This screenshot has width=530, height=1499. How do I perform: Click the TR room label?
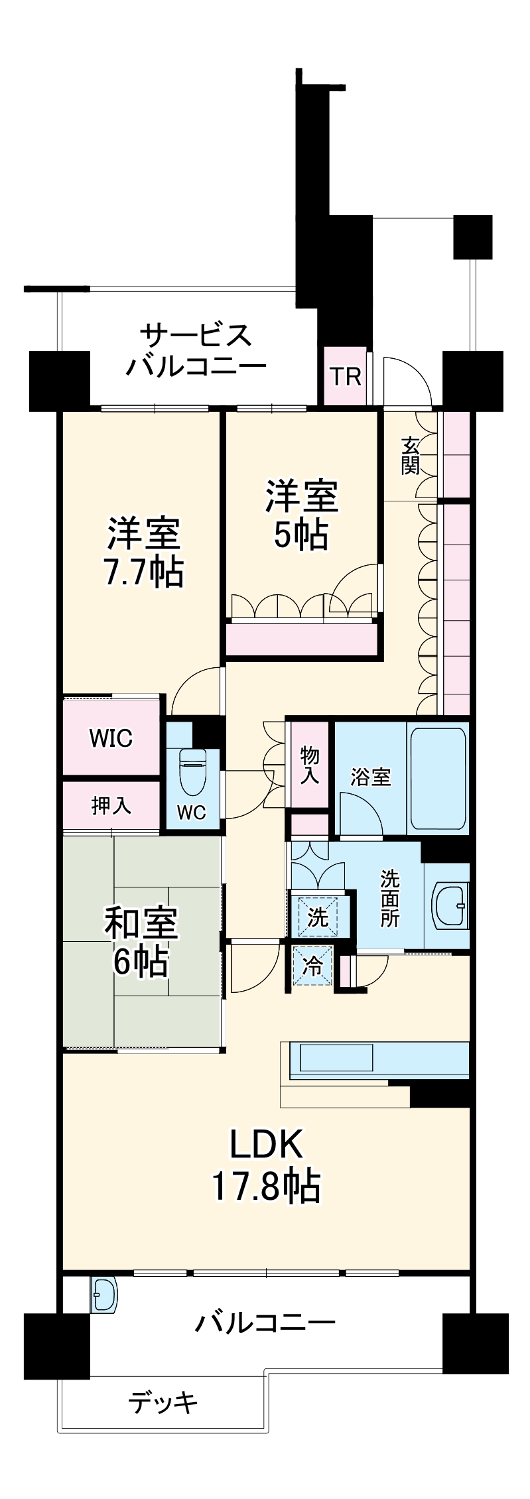coord(346,377)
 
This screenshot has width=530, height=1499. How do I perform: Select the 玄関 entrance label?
coord(410,456)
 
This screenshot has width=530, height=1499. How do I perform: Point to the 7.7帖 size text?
coord(143,572)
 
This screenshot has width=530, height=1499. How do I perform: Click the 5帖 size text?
coord(301,535)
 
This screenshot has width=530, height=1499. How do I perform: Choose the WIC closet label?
coord(111,738)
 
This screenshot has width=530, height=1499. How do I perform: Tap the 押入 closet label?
coord(111,806)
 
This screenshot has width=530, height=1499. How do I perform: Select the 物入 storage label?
coord(309,764)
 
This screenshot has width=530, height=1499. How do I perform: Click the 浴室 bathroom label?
coord(371,777)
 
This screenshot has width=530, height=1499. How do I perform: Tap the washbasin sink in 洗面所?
coord(450,905)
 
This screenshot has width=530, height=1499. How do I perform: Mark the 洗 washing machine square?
coord(318,917)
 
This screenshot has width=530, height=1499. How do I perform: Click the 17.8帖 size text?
coord(265,1187)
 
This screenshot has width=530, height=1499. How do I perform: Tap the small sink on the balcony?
coord(103,1295)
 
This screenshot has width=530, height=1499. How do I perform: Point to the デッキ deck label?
coord(163,1402)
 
